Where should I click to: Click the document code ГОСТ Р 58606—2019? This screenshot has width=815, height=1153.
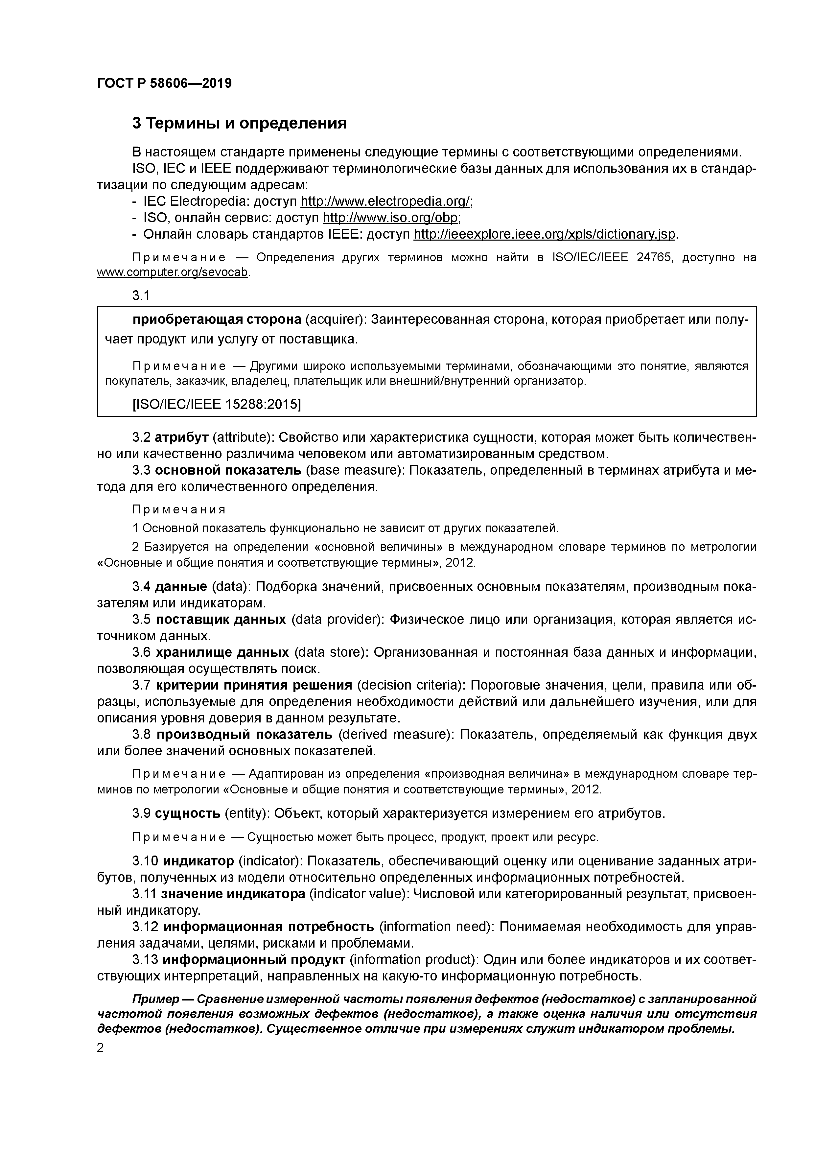pos(164,83)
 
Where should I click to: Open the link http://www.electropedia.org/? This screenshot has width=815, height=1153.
pos(385,201)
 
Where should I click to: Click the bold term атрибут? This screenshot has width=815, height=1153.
pos(181,437)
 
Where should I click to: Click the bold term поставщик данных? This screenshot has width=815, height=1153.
pos(221,619)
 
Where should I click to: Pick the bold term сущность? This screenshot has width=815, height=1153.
pos(187,813)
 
